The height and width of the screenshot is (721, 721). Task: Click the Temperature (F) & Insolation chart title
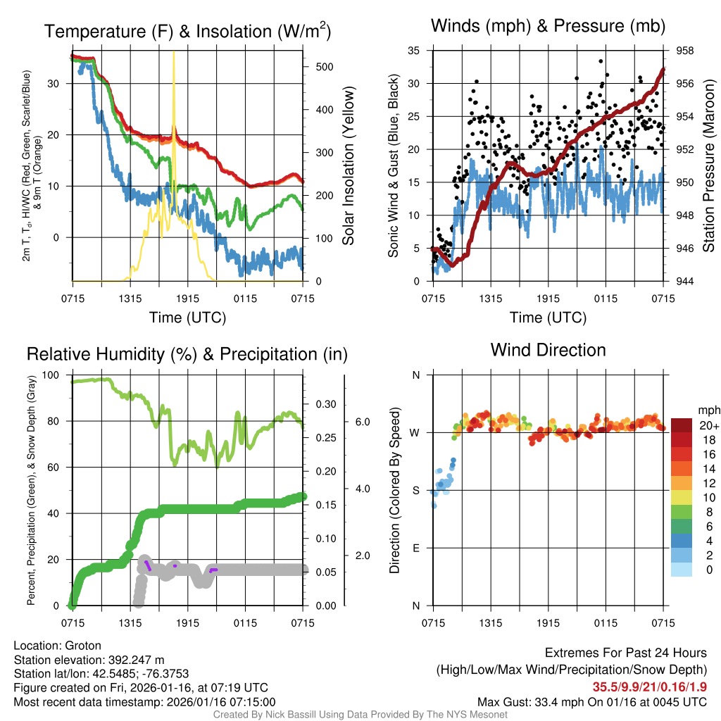point(187,32)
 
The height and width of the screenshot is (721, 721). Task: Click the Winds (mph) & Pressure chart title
point(548,27)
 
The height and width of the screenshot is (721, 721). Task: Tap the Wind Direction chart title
point(548,350)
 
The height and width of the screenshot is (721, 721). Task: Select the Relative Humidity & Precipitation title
point(187,354)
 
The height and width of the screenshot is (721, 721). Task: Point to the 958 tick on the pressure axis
point(684,51)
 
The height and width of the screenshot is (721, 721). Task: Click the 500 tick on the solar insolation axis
point(325,67)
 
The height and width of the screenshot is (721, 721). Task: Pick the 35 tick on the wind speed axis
point(414,51)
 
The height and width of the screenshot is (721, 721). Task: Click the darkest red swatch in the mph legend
point(682,425)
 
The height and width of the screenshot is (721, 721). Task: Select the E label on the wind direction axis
point(415,548)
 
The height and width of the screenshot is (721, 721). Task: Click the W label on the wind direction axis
point(415,432)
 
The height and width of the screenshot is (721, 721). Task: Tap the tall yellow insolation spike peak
point(174,54)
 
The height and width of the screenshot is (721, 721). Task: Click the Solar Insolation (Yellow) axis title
point(349,166)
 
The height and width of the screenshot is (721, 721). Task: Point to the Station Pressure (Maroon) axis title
point(708,166)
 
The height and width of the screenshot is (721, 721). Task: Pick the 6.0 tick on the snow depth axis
point(361,422)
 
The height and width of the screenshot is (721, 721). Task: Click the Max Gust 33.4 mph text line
point(591,701)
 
